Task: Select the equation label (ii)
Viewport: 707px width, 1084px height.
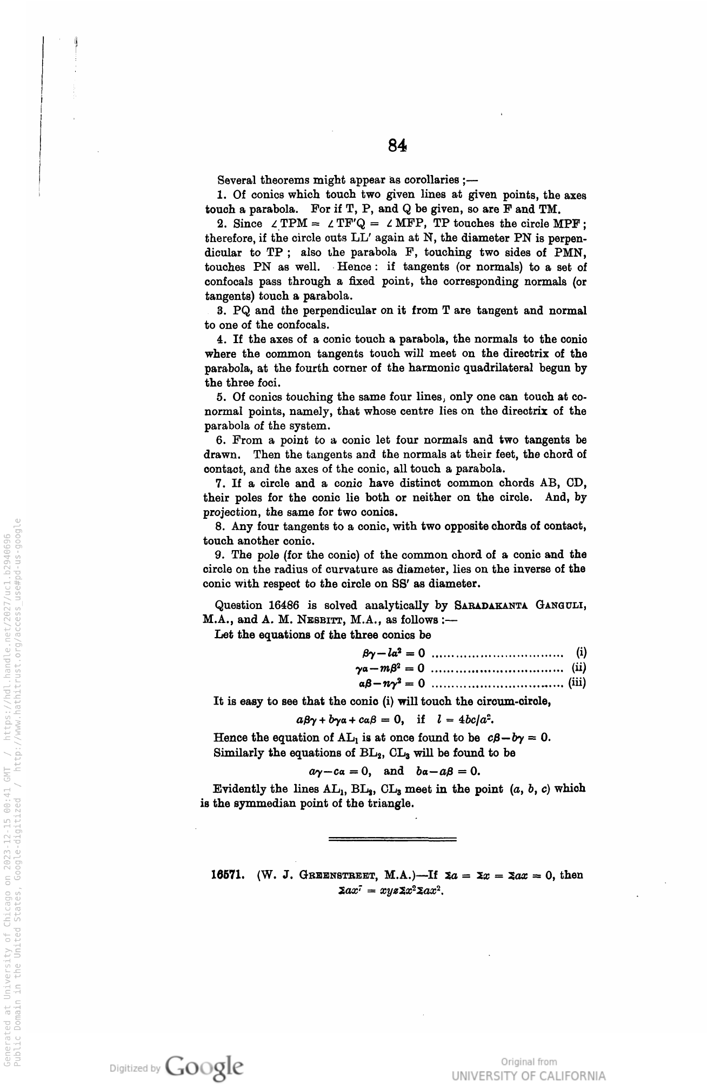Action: tap(578, 668)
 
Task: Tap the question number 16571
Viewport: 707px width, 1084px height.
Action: tap(229, 875)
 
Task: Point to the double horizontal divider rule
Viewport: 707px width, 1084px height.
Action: tap(392, 839)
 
